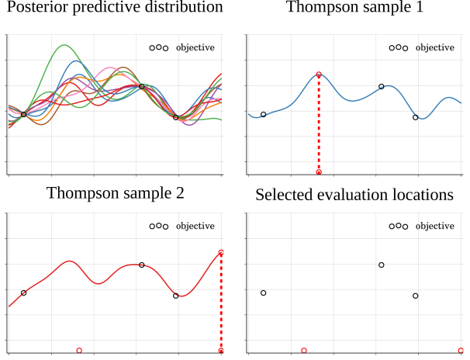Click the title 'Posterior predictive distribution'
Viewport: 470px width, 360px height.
(x=114, y=9)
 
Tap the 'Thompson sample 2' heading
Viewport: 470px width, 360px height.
(x=116, y=193)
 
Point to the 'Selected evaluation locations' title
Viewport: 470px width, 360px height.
(x=354, y=194)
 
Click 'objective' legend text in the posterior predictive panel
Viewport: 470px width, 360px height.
(x=195, y=47)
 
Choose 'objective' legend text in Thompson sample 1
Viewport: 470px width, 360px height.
(x=435, y=47)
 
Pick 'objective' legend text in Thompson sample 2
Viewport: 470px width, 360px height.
(x=195, y=226)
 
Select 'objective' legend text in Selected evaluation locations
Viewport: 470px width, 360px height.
(x=435, y=226)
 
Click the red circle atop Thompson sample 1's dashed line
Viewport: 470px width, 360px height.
(x=319, y=74)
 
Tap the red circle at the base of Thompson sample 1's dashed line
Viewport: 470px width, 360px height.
(x=319, y=172)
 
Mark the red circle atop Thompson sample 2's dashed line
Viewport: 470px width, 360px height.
(x=221, y=252)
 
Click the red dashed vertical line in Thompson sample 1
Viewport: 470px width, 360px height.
(x=319, y=124)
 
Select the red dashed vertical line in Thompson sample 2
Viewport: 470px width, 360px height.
(x=221, y=303)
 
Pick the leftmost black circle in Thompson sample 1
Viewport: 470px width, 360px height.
(x=263, y=114)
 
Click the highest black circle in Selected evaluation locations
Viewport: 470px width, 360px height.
(x=382, y=265)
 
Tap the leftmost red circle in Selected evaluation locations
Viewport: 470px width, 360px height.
(x=304, y=351)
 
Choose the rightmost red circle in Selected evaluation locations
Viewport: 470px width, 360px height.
(x=461, y=351)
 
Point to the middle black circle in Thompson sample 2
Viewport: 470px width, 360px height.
(x=141, y=265)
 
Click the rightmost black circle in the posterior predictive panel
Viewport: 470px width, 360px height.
(x=176, y=117)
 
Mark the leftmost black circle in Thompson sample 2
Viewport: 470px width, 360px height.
(x=23, y=292)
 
